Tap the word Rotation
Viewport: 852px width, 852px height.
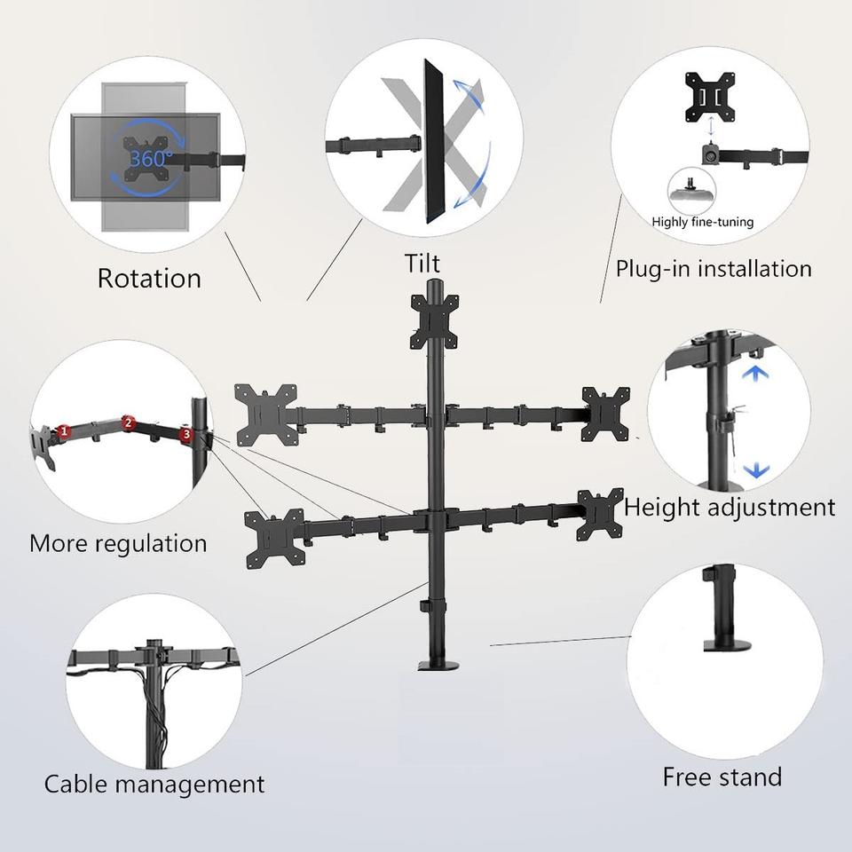point(149,278)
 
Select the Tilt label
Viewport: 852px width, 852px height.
point(422,264)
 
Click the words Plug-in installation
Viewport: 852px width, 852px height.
point(714,268)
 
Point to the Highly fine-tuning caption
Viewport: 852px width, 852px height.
point(702,222)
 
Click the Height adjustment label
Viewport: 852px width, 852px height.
point(730,508)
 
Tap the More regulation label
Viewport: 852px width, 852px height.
point(118,543)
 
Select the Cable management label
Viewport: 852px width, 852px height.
point(154,785)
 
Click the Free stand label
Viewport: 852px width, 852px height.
point(722,777)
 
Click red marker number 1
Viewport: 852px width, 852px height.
point(64,431)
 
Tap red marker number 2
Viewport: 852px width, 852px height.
point(128,422)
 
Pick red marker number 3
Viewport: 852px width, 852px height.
point(185,434)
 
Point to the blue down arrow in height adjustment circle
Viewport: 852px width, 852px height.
point(755,469)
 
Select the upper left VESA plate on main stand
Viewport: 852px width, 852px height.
point(264,413)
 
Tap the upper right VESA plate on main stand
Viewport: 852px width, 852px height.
point(605,414)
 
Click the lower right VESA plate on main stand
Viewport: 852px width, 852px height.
point(599,515)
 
